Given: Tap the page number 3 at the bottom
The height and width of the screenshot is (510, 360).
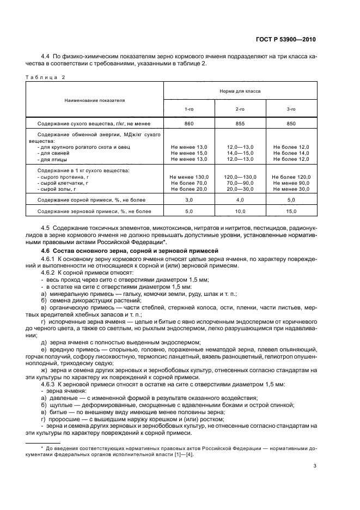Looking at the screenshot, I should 315,466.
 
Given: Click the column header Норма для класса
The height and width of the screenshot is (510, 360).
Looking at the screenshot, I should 240,91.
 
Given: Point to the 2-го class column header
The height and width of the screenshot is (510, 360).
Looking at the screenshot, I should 240,109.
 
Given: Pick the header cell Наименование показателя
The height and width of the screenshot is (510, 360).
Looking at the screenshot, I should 95,100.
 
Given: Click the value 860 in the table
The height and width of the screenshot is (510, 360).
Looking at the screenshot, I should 189,124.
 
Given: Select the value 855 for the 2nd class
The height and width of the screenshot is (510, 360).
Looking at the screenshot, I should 240,124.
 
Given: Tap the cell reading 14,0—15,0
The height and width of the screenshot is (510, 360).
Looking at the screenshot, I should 240,153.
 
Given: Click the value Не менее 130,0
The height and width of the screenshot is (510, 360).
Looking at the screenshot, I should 189,177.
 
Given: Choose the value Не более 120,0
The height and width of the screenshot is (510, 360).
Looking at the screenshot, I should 291,177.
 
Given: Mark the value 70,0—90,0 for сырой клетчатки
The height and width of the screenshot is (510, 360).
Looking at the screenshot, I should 240,183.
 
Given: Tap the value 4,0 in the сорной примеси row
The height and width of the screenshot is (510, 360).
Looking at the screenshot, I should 240,201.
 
